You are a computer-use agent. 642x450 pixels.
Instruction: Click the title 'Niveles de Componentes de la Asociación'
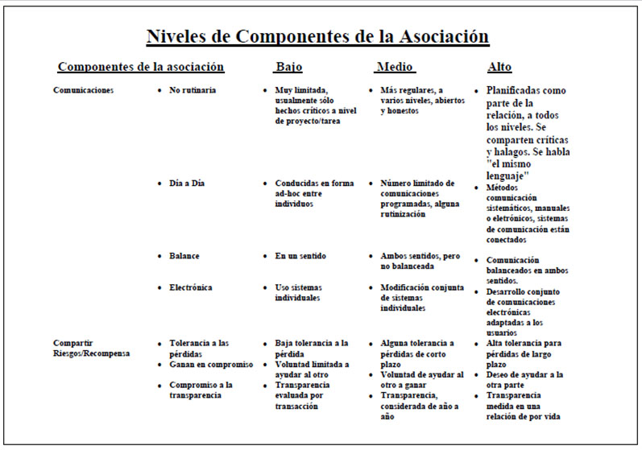[317, 36]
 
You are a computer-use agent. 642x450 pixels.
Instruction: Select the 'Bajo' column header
[288, 67]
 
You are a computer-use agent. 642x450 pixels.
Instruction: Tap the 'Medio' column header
[395, 67]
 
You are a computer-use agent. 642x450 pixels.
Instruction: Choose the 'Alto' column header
[499, 67]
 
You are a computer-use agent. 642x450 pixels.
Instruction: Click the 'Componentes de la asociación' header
[141, 67]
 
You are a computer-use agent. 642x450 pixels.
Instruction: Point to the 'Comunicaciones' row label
[84, 90]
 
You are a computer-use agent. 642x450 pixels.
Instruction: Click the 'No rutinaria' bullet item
[193, 90]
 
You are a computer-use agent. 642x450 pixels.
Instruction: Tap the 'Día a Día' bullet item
[187, 184]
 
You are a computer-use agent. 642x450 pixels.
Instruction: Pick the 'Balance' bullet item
[184, 256]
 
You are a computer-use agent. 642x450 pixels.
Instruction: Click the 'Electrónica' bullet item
[191, 287]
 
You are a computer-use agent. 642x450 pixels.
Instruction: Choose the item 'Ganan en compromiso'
[211, 365]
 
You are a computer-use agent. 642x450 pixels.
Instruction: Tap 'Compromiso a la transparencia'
[202, 390]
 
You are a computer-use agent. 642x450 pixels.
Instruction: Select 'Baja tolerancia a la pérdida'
[311, 348]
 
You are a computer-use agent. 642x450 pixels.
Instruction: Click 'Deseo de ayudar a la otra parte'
[524, 380]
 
